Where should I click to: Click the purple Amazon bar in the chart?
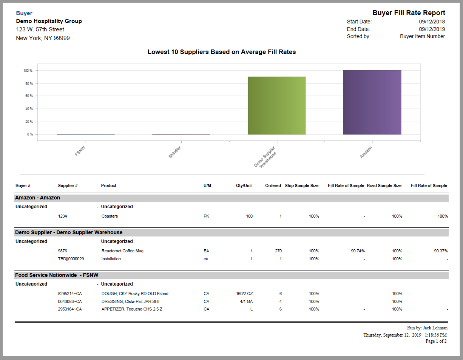pos(372,102)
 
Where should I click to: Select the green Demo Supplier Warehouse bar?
pos(276,105)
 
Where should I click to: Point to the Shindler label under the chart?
pos(174,152)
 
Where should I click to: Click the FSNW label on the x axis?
pos(80,151)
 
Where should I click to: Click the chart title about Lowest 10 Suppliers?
pos(221,52)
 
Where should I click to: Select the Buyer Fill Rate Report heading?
pos(409,13)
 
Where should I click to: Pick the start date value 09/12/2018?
pos(432,22)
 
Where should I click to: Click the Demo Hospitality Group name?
pos(49,21)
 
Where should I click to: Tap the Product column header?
pos(109,185)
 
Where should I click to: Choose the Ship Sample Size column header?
pos(302,185)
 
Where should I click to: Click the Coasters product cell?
pos(110,216)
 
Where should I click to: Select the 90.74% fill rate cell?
pos(357,251)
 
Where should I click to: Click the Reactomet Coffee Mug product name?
pos(122,251)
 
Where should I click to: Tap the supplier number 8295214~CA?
pos(70,294)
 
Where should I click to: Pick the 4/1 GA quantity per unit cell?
pos(246,301)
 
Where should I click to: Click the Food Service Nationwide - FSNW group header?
pos(57,275)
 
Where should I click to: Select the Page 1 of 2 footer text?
pos(436,341)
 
